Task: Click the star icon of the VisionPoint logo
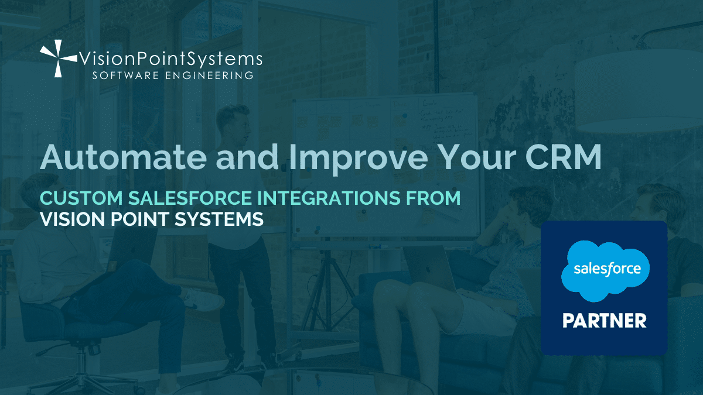(57, 59)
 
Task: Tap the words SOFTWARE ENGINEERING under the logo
(173, 75)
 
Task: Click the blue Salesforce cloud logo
(605, 269)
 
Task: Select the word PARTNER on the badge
(605, 320)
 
